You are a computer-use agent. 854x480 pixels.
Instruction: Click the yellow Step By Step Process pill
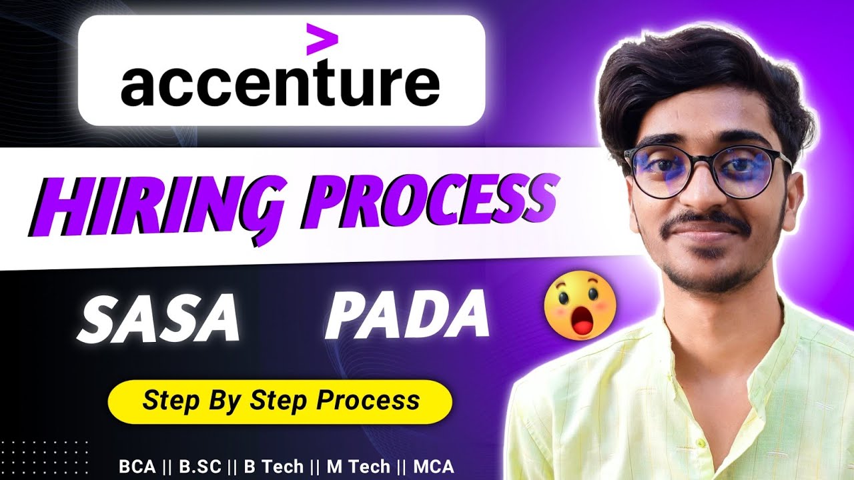(280, 401)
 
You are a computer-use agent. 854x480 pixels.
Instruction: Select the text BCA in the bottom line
(134, 467)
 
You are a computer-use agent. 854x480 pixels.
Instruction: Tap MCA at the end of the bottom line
(434, 467)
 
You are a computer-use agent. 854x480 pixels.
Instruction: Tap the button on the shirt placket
(700, 443)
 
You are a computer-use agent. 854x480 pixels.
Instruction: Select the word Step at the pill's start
(162, 401)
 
